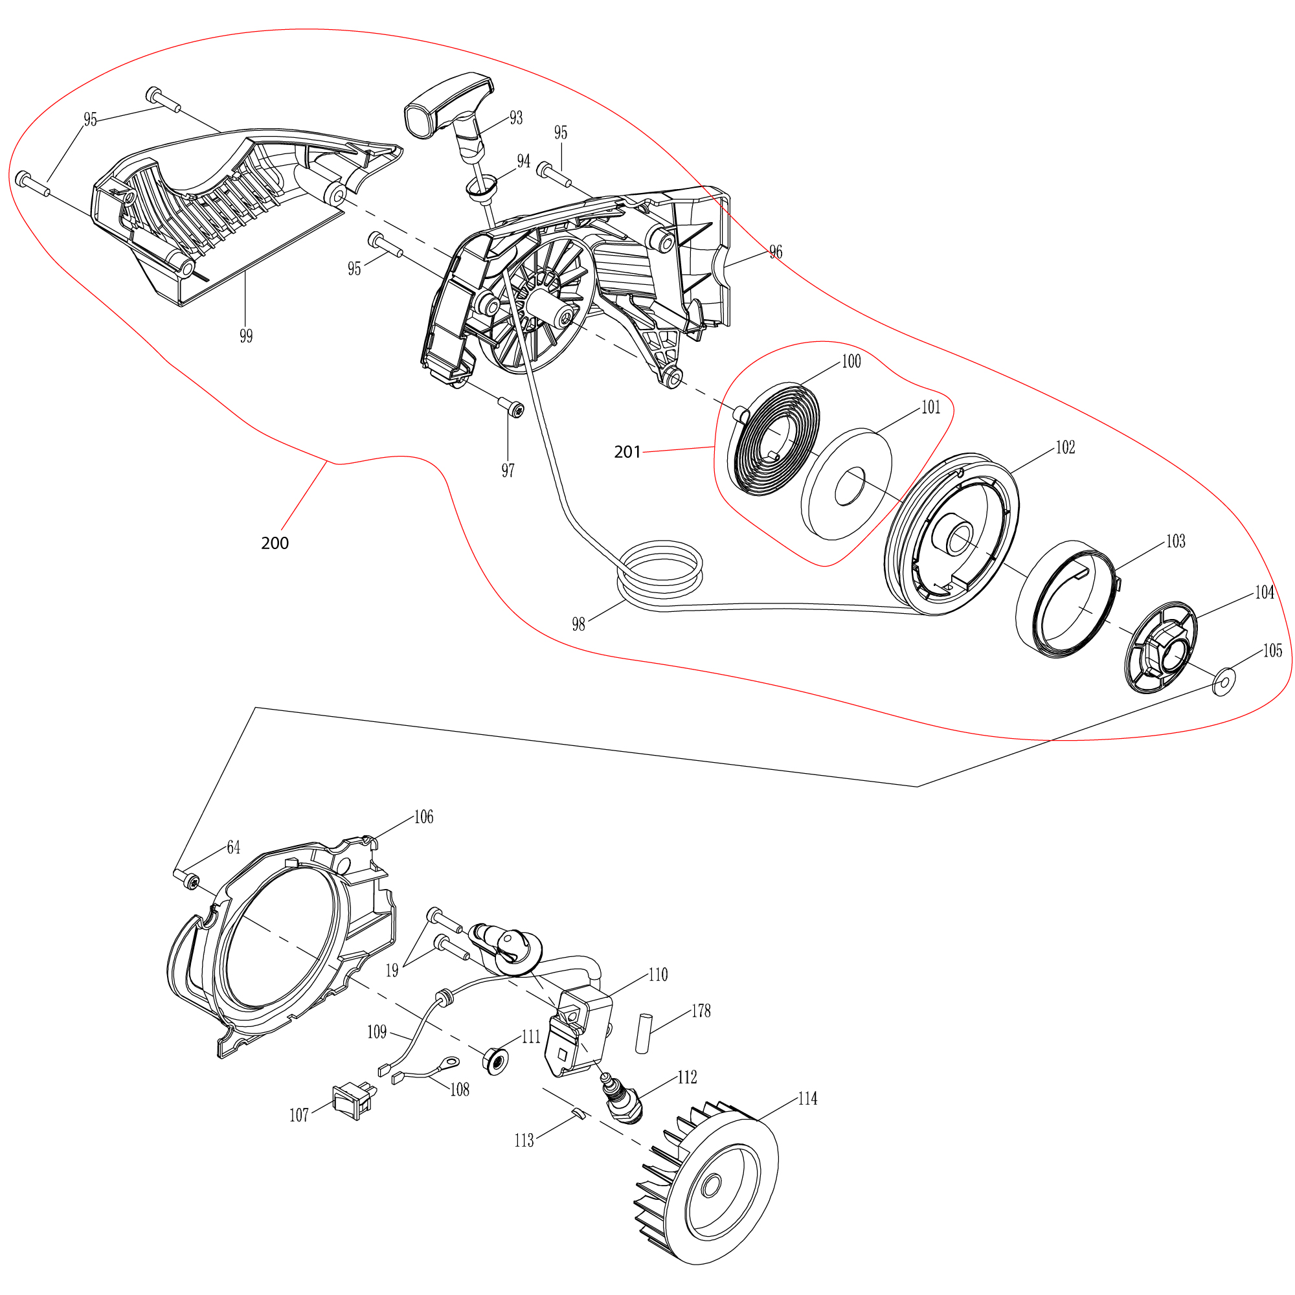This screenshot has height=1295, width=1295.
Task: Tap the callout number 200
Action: point(275,543)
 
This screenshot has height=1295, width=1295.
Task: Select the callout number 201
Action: point(627,453)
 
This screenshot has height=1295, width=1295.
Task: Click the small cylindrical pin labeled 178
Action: point(644,1033)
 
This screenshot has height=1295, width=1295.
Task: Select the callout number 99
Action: point(246,336)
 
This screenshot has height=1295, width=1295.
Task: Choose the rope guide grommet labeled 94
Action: point(482,188)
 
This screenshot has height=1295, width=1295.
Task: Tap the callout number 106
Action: point(423,816)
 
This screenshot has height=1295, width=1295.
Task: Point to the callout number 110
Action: point(659,974)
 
